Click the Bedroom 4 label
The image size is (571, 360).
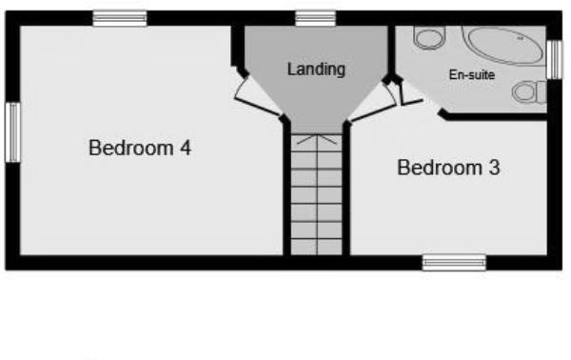(140, 149)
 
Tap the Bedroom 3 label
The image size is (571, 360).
(448, 169)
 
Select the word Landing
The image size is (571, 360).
(316, 70)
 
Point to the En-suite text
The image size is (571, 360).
(472, 74)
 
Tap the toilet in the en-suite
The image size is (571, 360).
(526, 92)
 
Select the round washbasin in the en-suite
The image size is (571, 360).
(428, 38)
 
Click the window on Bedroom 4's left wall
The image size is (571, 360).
(12, 133)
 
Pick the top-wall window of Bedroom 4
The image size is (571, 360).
(120, 18)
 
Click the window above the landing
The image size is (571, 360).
(315, 18)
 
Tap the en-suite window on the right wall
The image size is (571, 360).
(555, 60)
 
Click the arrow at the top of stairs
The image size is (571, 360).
(315, 140)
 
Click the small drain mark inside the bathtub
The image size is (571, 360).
(520, 39)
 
